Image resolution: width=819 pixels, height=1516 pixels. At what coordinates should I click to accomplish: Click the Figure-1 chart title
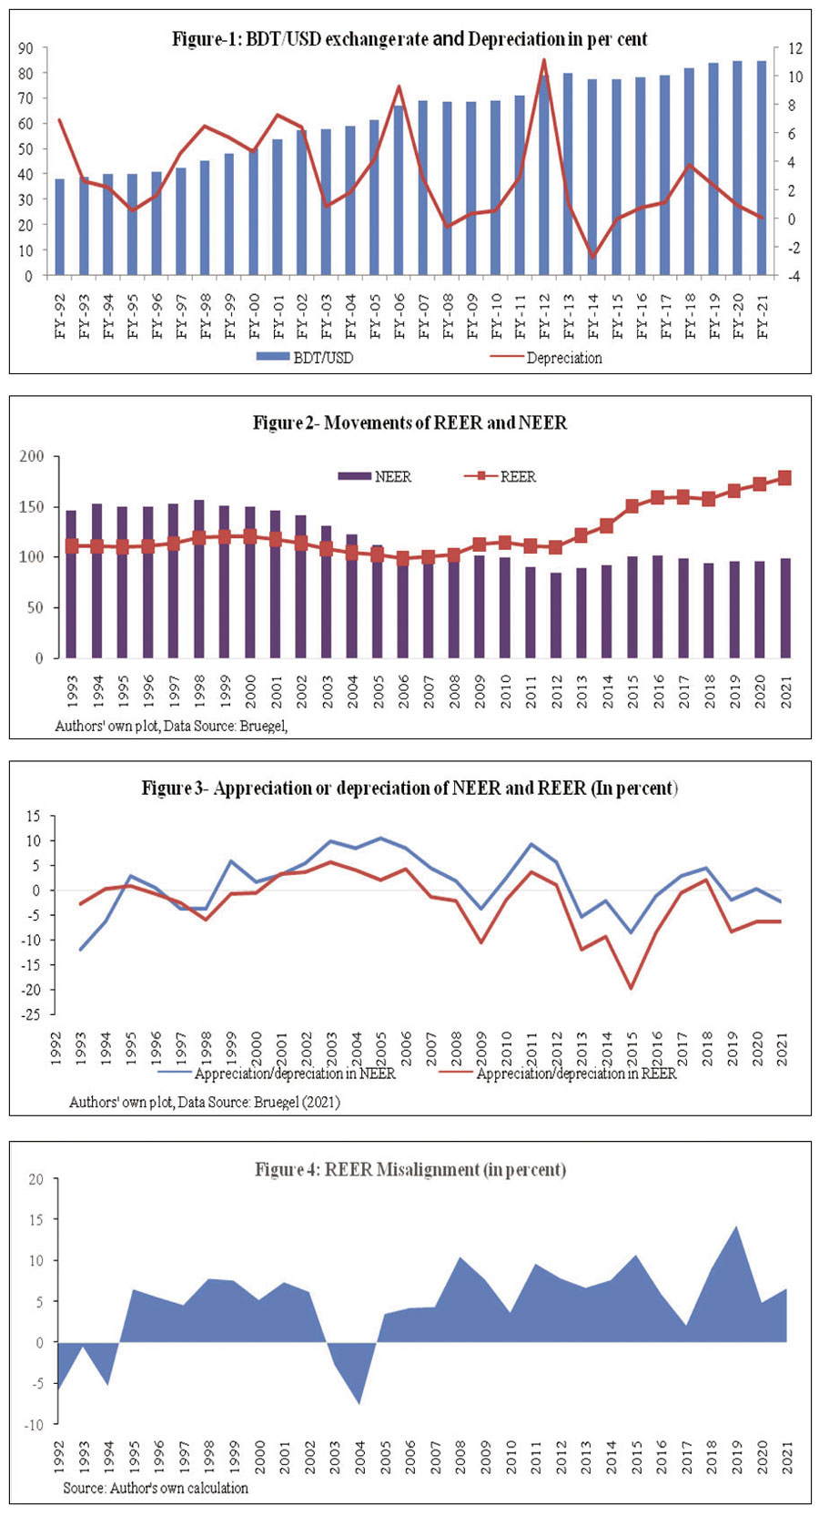(409, 39)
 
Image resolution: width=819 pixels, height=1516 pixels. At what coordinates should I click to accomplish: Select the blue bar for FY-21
(762, 168)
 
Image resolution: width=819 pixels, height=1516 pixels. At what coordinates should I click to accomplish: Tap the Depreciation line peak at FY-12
(543, 60)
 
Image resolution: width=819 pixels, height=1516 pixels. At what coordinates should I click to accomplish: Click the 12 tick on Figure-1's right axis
(795, 48)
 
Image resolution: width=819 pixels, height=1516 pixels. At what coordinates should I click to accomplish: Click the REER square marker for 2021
(784, 478)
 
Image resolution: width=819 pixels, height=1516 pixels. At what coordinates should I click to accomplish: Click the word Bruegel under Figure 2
(263, 726)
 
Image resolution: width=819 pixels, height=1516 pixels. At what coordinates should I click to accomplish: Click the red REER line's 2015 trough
(630, 988)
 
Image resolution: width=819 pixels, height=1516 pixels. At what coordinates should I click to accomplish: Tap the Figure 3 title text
(409, 788)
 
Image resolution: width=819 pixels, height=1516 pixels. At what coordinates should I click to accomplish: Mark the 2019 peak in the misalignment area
(735, 1226)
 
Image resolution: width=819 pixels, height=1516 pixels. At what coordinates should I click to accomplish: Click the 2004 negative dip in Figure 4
(359, 1403)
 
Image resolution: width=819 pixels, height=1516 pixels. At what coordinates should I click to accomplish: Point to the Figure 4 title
(409, 1169)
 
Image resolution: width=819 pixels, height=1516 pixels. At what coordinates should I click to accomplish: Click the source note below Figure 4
(156, 1488)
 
